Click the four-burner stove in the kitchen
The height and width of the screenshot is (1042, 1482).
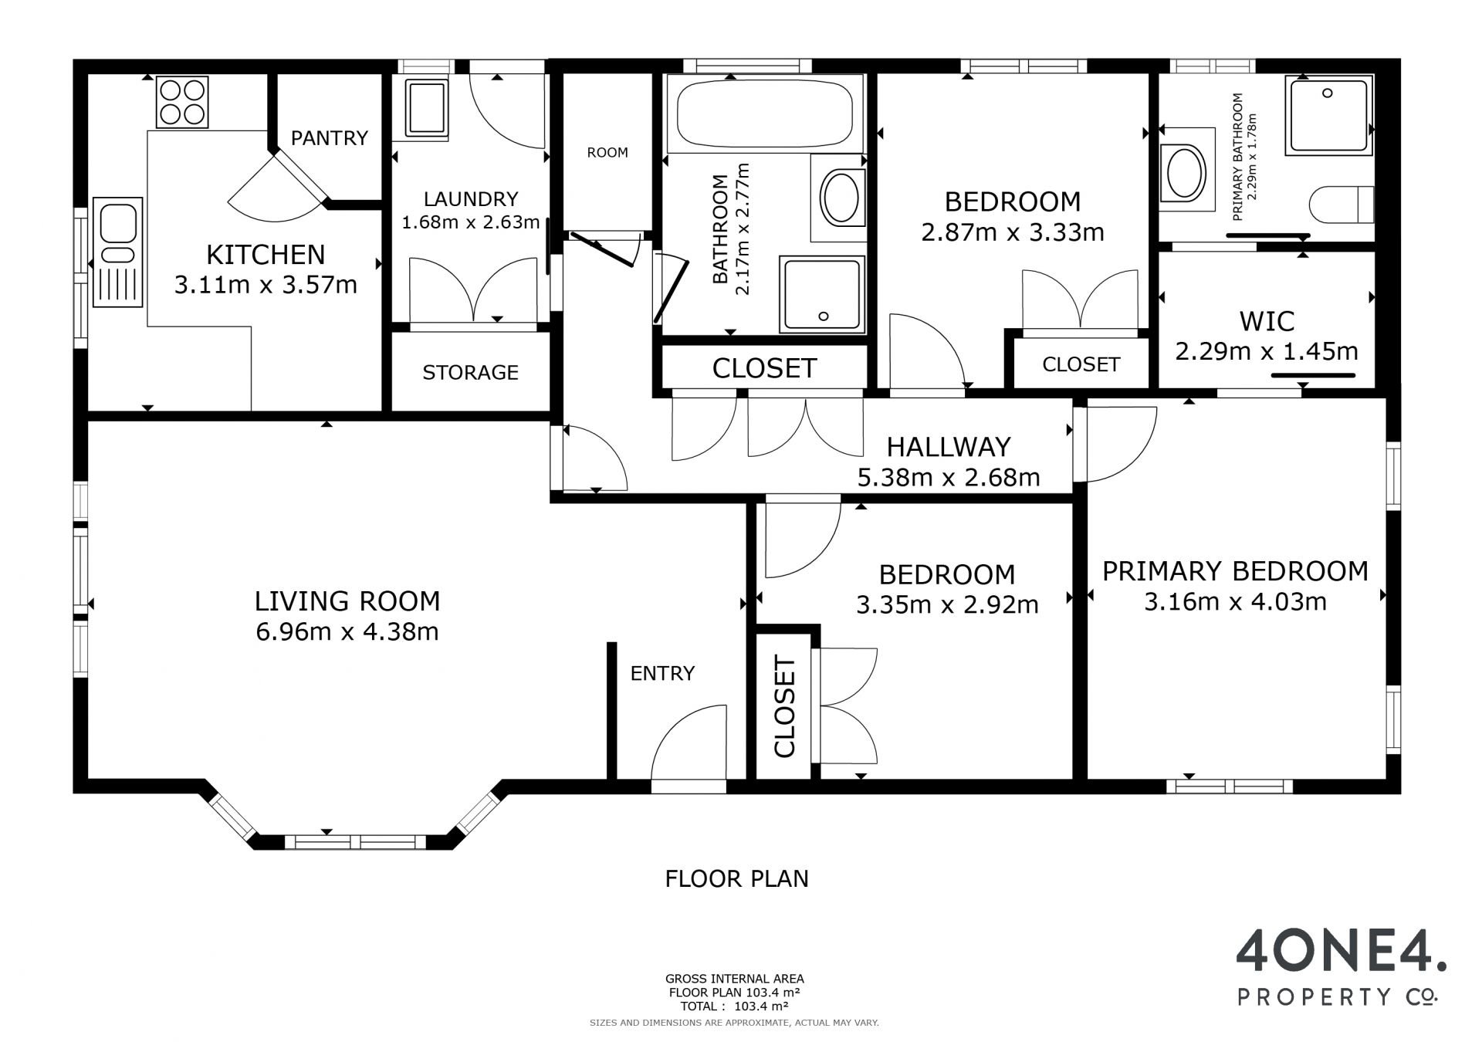tap(182, 102)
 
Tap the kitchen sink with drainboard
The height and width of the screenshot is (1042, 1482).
tap(118, 252)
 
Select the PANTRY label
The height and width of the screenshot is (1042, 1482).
tap(330, 138)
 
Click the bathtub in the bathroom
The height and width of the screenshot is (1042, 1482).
tap(765, 113)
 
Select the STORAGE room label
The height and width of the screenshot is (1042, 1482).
tap(470, 373)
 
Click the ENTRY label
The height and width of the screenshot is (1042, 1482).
tap(662, 674)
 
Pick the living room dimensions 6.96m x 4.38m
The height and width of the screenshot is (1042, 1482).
tap(347, 632)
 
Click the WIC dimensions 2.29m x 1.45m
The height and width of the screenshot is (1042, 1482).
tap(1267, 352)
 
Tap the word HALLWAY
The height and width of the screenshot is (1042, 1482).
tap(949, 447)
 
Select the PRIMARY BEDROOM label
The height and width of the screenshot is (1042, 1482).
tap(1235, 571)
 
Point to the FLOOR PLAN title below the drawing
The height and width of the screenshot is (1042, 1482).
tap(737, 878)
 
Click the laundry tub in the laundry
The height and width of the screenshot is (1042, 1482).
tap(427, 109)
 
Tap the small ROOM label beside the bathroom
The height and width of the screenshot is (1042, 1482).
tap(607, 153)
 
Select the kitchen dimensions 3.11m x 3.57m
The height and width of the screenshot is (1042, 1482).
tap(266, 286)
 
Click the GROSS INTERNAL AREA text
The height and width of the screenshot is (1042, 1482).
tap(735, 979)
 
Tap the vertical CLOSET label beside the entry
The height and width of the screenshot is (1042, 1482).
tap(784, 707)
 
